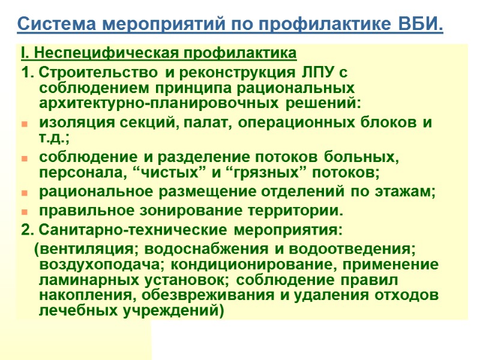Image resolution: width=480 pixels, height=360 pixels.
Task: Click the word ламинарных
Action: click(79, 280)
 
